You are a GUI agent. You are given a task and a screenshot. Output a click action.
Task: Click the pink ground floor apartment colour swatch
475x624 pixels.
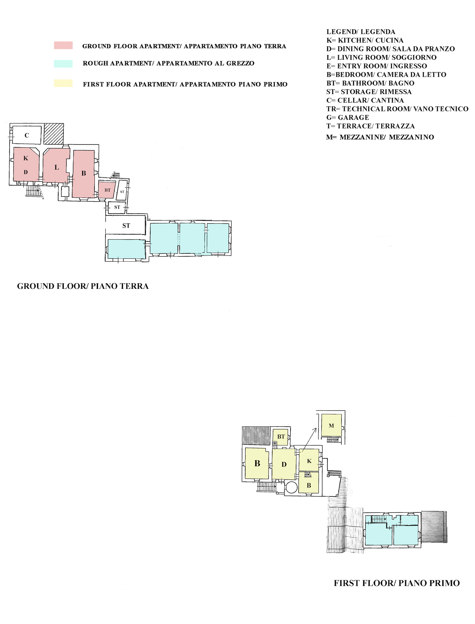point(63,45)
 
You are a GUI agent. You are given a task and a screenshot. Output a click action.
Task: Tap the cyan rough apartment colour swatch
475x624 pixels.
point(63,64)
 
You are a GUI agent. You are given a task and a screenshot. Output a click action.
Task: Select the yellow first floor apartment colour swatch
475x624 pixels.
point(63,83)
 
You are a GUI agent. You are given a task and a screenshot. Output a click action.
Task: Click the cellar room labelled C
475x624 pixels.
point(27,135)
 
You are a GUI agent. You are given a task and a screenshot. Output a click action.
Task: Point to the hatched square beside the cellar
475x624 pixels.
point(54,134)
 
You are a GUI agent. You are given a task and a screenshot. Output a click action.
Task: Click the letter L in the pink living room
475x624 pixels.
point(57,167)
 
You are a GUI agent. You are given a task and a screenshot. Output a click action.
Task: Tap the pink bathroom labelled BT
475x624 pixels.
point(107,190)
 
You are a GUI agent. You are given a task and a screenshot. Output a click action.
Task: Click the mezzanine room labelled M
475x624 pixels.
point(331,426)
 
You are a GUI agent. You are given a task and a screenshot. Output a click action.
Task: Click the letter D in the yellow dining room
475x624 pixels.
point(284,464)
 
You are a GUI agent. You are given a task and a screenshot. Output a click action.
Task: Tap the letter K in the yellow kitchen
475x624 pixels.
point(309,461)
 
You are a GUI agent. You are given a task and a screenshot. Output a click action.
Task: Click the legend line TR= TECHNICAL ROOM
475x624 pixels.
point(397,109)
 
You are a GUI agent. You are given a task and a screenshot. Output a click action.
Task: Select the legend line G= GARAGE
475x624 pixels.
point(348,117)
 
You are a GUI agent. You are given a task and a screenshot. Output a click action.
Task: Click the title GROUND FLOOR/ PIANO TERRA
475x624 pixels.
point(83,286)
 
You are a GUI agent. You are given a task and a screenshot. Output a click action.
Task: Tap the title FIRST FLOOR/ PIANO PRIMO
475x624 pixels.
point(397,583)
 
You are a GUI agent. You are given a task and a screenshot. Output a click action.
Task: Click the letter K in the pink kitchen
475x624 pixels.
point(26,158)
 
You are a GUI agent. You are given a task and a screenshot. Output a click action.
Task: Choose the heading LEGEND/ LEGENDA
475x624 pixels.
point(361,32)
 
